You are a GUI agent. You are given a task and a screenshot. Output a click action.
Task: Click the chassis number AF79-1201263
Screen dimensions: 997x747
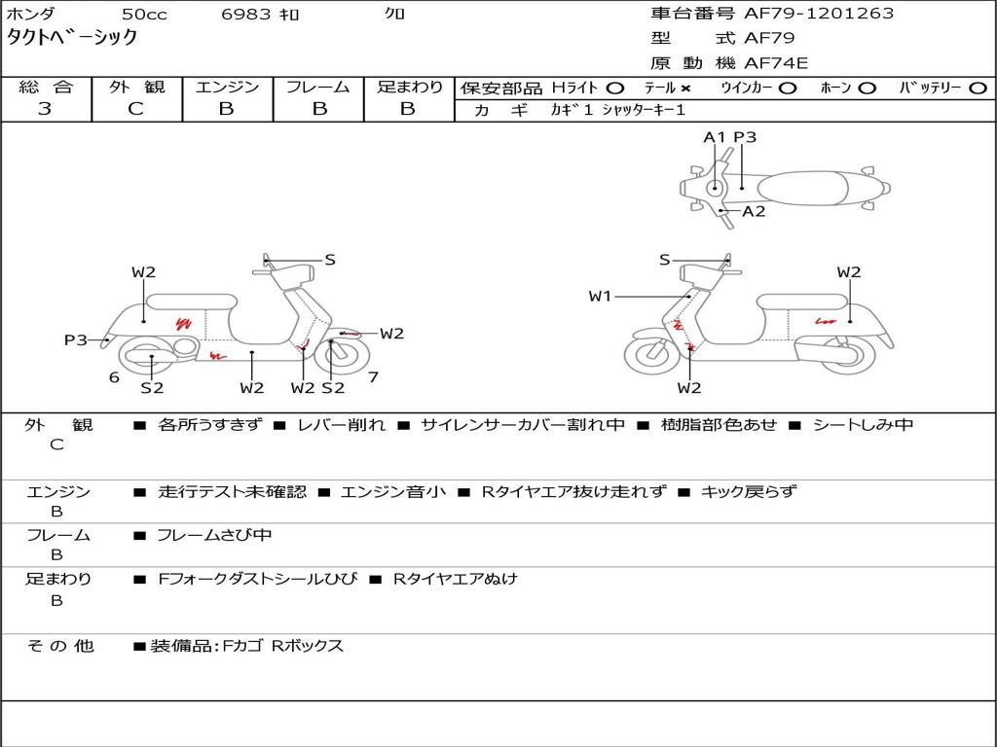(x=819, y=14)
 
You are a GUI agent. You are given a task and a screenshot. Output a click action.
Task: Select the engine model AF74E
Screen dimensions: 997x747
(x=776, y=63)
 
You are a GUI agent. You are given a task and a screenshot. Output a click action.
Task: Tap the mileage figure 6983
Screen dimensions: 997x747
(x=246, y=14)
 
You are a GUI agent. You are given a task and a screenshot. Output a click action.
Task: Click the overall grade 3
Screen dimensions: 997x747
(x=45, y=109)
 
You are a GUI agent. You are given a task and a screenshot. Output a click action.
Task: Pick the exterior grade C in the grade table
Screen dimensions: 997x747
(x=136, y=109)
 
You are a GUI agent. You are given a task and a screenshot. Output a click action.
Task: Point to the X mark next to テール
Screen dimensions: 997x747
(x=685, y=89)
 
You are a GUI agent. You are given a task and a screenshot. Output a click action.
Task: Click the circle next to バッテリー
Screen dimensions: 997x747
(x=978, y=89)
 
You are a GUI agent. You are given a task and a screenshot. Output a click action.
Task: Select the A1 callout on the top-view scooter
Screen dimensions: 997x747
(x=714, y=137)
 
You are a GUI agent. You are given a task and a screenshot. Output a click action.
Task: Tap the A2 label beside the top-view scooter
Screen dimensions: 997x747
(x=755, y=211)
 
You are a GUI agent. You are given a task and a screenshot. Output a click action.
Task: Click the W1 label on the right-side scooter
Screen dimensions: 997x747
(x=600, y=296)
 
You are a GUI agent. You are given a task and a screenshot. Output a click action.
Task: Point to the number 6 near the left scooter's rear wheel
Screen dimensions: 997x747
(x=115, y=377)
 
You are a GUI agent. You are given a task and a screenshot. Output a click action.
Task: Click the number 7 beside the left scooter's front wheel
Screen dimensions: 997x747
(x=373, y=377)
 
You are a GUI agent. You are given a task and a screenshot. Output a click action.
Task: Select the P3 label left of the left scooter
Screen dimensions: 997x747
(x=76, y=339)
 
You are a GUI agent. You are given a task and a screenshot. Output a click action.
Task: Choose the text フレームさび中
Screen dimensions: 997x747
(x=214, y=536)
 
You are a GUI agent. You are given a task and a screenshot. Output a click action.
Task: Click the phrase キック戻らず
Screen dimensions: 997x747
(x=748, y=491)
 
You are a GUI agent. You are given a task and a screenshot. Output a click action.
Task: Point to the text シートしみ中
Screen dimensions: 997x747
(x=863, y=424)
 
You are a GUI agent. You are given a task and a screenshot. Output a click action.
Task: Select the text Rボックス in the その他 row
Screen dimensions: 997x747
(x=308, y=646)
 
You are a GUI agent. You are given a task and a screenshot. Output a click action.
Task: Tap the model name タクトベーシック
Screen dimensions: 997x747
(x=72, y=37)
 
